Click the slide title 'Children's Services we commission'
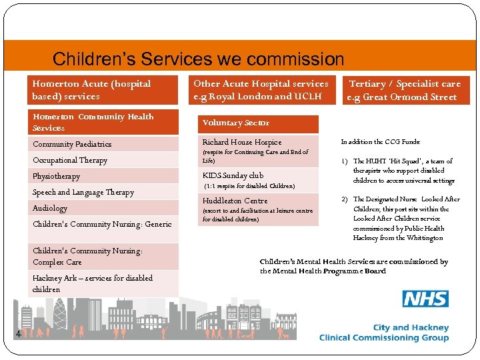pos(198,59)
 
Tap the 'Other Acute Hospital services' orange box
pos(261,90)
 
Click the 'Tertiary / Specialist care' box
pos(405,90)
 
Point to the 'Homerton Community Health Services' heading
pos(93,122)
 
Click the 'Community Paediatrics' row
pos(72,144)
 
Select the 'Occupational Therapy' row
pos(70,160)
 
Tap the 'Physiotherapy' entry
pos(56,176)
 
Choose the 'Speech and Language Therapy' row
pos(83,192)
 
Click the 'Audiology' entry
pos(50,208)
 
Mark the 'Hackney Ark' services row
pos(93,283)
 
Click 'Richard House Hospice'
pos(242,142)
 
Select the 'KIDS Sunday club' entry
pos(233,175)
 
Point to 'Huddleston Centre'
pos(235,201)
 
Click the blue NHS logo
pos(425,298)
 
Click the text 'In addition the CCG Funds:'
pos(381,142)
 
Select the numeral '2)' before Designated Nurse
pos(345,199)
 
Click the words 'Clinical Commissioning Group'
pos(384,338)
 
